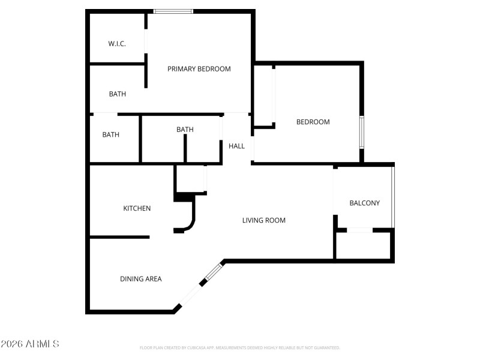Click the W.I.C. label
click(x=116, y=44)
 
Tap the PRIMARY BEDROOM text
click(x=199, y=69)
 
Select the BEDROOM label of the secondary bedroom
click(x=313, y=122)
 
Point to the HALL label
click(x=236, y=146)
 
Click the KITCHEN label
click(x=137, y=208)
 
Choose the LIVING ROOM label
click(x=263, y=220)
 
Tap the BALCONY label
click(x=364, y=203)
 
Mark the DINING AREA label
click(x=140, y=278)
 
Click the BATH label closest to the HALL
click(x=185, y=130)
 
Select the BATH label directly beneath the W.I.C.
click(x=117, y=94)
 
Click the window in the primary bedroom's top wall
click(x=173, y=11)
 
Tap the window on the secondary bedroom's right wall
click(x=362, y=133)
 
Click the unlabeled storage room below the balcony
click(x=364, y=245)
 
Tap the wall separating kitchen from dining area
click(x=119, y=237)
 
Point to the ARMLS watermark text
click(x=30, y=344)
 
